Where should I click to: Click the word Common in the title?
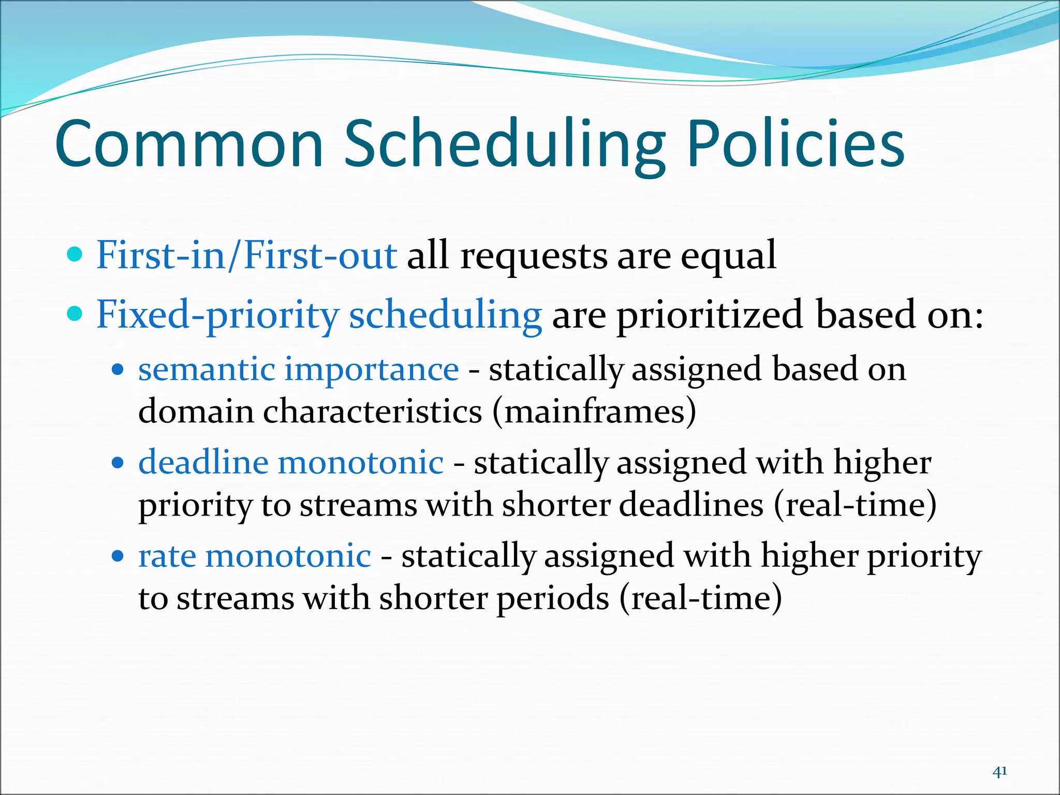[189, 145]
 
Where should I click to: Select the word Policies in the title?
[796, 145]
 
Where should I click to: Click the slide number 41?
[999, 772]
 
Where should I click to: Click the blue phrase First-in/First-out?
[247, 255]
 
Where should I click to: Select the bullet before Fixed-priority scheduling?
[76, 314]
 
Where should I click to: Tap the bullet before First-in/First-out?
[76, 254]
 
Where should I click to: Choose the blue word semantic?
[207, 370]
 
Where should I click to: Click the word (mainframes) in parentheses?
[594, 412]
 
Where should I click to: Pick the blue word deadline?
[203, 462]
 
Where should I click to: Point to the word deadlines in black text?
[691, 505]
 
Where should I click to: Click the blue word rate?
[167, 556]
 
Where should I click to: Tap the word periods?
[553, 599]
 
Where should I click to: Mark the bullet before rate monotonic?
[119, 556]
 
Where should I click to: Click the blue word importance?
[371, 370]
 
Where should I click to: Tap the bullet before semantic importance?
[119, 370]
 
